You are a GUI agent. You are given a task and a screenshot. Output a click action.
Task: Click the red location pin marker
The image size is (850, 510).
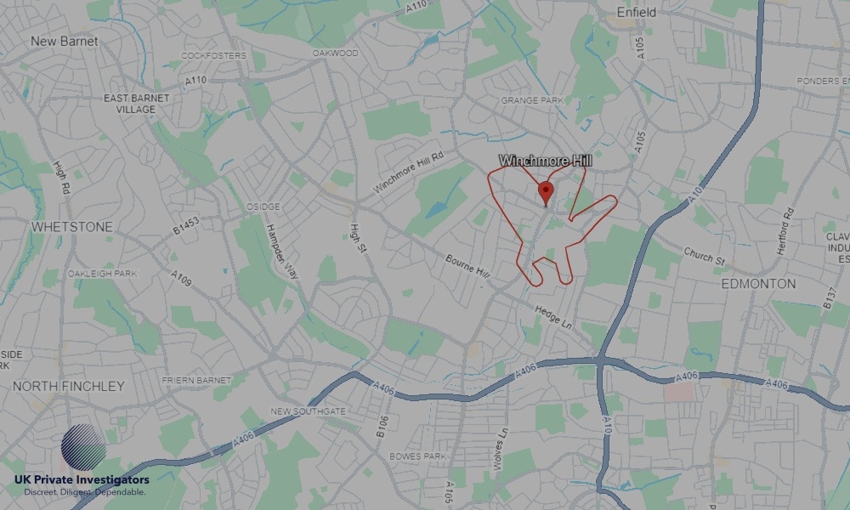coord(546,191)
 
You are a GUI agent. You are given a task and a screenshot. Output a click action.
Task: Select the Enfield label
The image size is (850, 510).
coord(637,13)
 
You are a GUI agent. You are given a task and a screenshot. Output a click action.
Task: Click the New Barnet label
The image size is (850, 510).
coord(64,41)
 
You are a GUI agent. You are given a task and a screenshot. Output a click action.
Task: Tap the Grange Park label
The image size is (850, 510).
coord(532,100)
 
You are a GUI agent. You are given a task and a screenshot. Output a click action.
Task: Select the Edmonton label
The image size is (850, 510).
coord(758,283)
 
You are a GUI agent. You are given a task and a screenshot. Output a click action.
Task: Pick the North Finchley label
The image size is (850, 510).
coord(68,386)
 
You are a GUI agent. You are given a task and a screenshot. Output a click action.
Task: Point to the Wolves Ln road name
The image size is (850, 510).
coord(503,445)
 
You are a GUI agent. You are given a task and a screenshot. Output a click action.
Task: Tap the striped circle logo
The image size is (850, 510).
coord(84,448)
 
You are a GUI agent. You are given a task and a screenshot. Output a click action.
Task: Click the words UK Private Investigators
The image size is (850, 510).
coord(82,480)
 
